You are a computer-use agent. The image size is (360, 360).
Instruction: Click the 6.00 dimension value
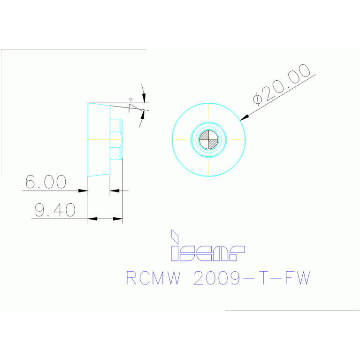[46, 182]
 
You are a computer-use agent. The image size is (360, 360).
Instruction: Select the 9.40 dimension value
[55, 210]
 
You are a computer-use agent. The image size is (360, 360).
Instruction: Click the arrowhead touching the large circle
[244, 116]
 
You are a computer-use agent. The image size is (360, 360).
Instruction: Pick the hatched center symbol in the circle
[209, 139]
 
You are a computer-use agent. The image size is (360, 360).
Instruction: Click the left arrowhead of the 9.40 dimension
[93, 219]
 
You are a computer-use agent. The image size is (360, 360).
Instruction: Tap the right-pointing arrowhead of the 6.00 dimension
[83, 191]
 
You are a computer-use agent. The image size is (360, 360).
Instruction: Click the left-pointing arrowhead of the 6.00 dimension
[115, 191]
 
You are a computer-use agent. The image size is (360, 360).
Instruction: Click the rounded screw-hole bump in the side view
[121, 139]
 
